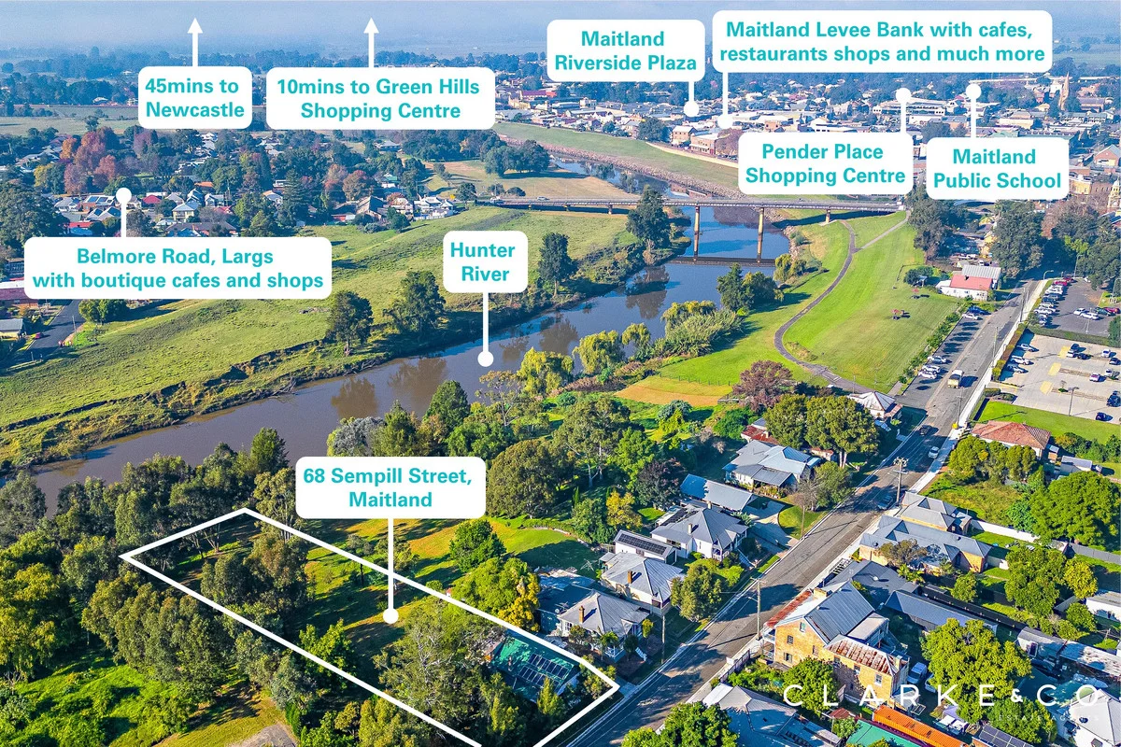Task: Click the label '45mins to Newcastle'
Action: click(194, 98)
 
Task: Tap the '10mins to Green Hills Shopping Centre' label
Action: click(380, 99)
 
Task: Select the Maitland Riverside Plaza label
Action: click(626, 50)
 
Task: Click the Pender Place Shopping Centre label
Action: click(825, 163)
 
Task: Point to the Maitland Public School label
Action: click(998, 169)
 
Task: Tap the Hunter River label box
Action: click(485, 261)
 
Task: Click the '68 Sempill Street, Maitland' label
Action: click(390, 487)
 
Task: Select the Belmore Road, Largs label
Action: click(177, 268)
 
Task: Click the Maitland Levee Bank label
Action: click(882, 41)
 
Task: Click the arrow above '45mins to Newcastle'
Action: click(195, 43)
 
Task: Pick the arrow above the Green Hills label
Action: click(371, 43)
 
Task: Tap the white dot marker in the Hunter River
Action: click(486, 359)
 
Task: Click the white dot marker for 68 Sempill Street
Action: click(390, 616)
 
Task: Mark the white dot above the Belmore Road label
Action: click(123, 196)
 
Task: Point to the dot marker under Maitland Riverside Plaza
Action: click(691, 108)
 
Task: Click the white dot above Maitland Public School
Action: click(973, 92)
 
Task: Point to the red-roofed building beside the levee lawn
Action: click(970, 283)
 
